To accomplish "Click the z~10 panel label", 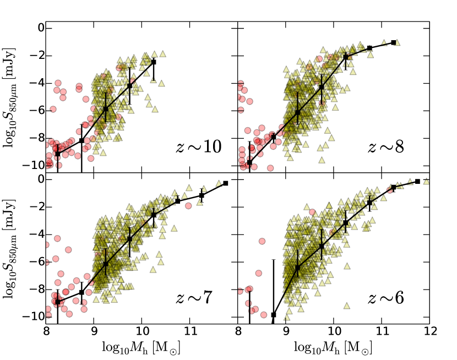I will click(198, 147).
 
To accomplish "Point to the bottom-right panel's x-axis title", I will click(333, 348).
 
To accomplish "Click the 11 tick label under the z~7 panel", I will click(189, 333).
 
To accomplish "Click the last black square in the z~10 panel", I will click(154, 62).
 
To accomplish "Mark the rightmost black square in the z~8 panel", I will click(394, 42).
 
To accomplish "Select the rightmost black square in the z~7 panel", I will click(226, 183).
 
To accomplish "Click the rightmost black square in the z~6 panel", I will click(417, 182).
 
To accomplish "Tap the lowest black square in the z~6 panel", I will click(274, 315).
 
